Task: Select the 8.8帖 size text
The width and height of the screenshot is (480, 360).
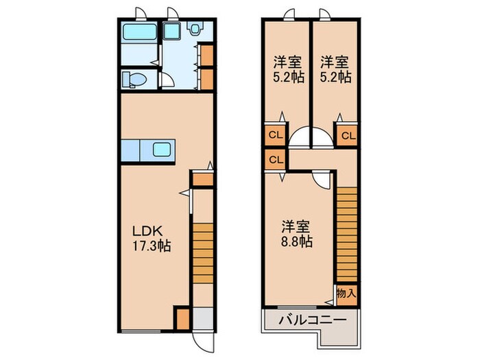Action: pos(296,241)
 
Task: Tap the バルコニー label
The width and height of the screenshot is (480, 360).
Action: pos(309,321)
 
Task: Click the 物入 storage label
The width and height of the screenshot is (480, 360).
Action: pos(346,293)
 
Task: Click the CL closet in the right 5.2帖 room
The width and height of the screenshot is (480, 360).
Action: pos(348,135)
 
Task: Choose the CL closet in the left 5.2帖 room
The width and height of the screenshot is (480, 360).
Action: pos(274,135)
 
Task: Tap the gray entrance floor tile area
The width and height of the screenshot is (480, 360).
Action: pos(202,319)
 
